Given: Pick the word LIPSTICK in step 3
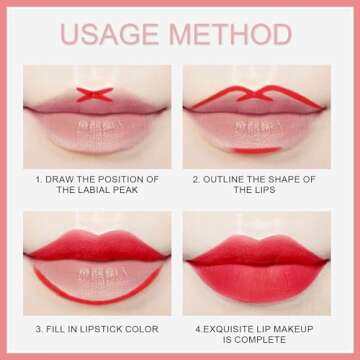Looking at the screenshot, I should (x=103, y=326).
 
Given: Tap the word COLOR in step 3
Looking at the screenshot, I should (x=148, y=326).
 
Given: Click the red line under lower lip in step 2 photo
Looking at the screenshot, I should (x=259, y=150).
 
